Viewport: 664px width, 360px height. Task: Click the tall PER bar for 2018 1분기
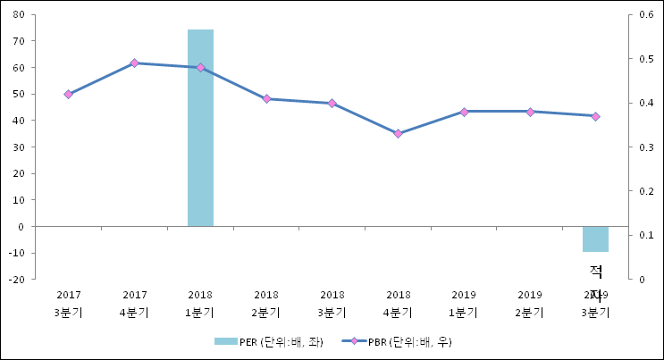(x=200, y=128)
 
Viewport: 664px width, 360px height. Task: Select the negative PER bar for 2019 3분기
(x=595, y=239)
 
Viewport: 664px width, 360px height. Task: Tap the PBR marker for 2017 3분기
(x=69, y=94)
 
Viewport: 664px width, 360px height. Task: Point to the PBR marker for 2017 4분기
(x=134, y=63)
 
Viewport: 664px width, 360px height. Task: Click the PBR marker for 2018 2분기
(x=266, y=98)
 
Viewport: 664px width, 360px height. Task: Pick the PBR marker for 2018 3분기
(x=332, y=104)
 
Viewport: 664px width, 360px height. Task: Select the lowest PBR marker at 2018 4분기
(x=398, y=134)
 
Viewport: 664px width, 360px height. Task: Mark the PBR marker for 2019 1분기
(x=464, y=112)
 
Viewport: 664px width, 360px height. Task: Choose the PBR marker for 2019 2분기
(x=530, y=112)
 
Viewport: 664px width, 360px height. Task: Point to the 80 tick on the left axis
(x=17, y=14)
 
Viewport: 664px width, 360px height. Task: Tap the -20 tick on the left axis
(x=14, y=280)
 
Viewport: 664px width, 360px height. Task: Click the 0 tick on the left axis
(x=20, y=227)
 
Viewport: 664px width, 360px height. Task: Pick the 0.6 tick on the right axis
(x=645, y=14)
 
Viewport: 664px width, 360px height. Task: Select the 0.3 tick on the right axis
(x=645, y=147)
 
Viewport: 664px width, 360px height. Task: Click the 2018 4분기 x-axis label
(x=398, y=304)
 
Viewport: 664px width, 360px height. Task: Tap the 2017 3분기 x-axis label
(x=69, y=304)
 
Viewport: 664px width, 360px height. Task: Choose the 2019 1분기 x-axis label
(x=464, y=304)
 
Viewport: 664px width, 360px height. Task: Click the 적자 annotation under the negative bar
(x=596, y=277)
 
